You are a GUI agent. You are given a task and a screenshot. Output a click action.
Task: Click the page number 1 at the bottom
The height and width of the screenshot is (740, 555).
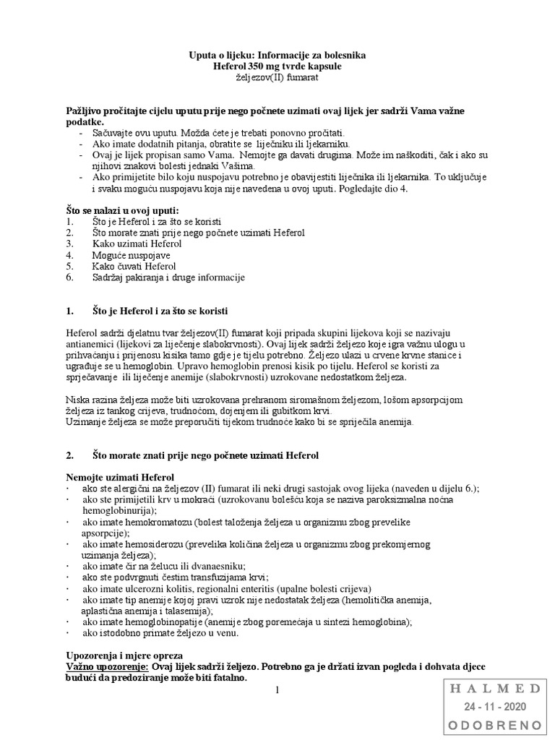point(277,690)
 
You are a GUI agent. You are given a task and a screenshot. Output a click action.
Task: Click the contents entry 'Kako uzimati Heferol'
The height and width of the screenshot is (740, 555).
point(137,244)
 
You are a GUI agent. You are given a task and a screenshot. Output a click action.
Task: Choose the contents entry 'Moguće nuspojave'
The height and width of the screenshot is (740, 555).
point(130,255)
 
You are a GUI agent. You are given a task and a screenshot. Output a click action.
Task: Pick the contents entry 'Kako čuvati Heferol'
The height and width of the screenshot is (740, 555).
point(134,266)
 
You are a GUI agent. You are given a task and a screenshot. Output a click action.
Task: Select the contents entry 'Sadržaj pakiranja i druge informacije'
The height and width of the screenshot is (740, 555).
point(168,277)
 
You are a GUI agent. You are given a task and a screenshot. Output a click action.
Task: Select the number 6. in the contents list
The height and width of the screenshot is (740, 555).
point(69,277)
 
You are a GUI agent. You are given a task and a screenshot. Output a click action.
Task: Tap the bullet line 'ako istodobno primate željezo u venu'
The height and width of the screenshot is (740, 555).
point(160,634)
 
